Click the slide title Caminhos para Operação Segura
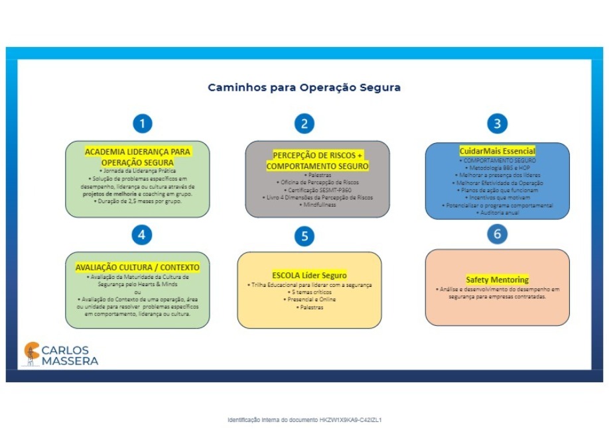(304, 87)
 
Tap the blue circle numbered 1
(143, 123)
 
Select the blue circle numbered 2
(304, 123)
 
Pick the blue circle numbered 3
(497, 123)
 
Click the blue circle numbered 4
(143, 235)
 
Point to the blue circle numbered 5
(304, 237)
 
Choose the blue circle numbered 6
(497, 234)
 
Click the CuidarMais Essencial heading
(497, 151)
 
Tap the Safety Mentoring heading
(497, 280)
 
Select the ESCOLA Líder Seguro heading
(309, 275)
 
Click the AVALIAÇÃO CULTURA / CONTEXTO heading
(137, 267)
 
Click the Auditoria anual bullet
(498, 213)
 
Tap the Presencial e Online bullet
(310, 299)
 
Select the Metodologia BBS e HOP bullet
(498, 168)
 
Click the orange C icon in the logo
(31, 353)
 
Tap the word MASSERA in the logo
(70, 361)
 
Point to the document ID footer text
(304, 420)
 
